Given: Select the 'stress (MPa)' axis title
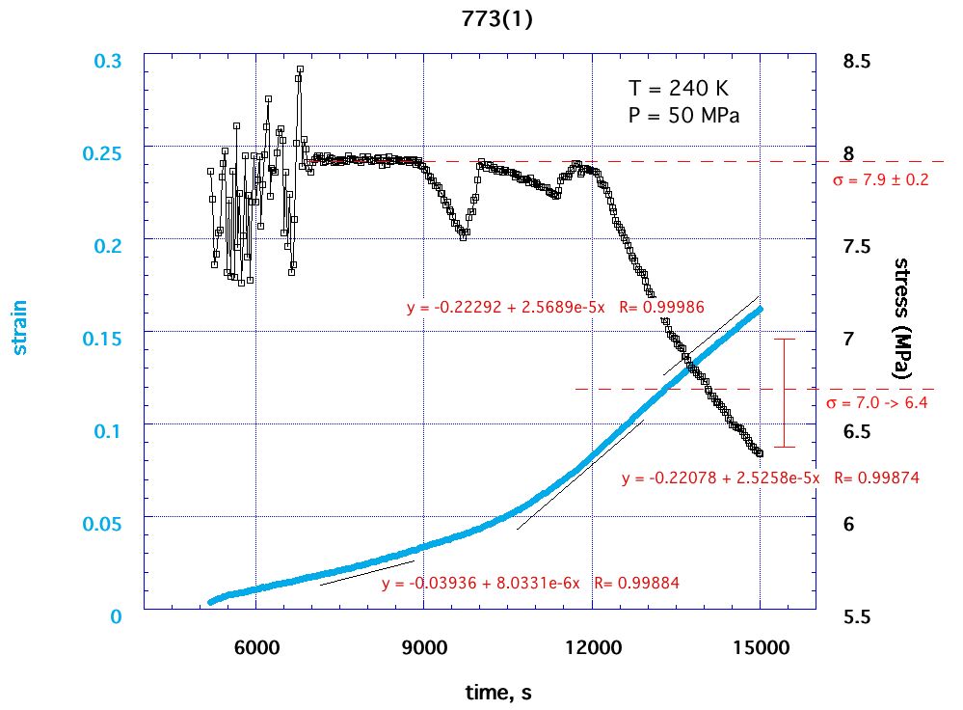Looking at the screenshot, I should pyautogui.click(x=903, y=317).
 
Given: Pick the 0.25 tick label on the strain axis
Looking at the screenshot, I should pyautogui.click(x=109, y=153).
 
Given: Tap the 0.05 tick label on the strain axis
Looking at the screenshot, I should pyautogui.click(x=109, y=523).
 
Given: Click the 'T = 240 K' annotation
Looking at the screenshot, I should pyautogui.click(x=679, y=88).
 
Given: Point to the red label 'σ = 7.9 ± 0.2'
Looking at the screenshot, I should pyautogui.click(x=880, y=179).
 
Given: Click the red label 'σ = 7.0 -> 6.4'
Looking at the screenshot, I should pyautogui.click(x=877, y=403).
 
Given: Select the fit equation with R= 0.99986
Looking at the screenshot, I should pyautogui.click(x=555, y=308).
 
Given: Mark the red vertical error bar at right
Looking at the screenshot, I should pyautogui.click(x=785, y=393).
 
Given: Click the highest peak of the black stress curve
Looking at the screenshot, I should pyautogui.click(x=300, y=69).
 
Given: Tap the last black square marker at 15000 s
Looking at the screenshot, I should pyautogui.click(x=760, y=452).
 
